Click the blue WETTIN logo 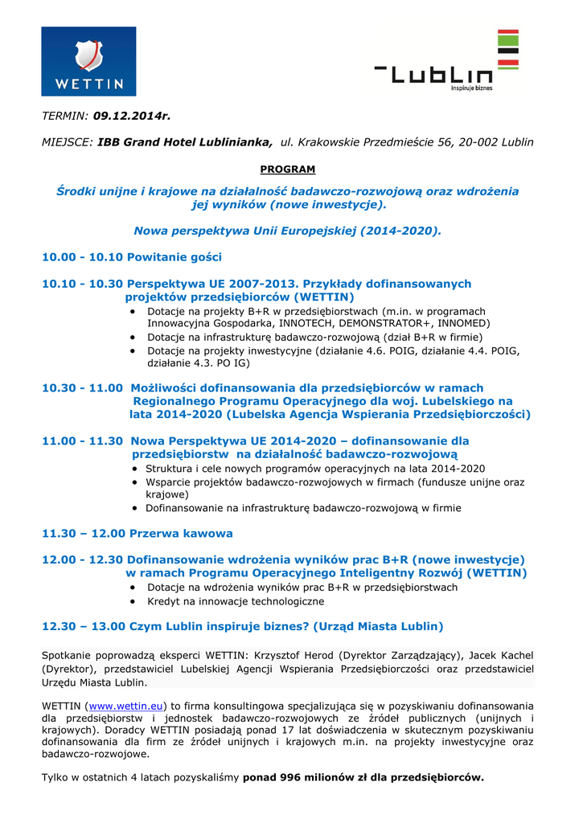88,62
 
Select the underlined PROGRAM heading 288,169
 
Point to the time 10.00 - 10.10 82,257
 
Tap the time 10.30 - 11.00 82,387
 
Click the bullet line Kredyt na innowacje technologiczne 236,601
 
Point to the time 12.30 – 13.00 84,626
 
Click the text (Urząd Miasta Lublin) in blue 378,626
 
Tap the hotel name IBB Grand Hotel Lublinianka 185,142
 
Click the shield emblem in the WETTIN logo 88,54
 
